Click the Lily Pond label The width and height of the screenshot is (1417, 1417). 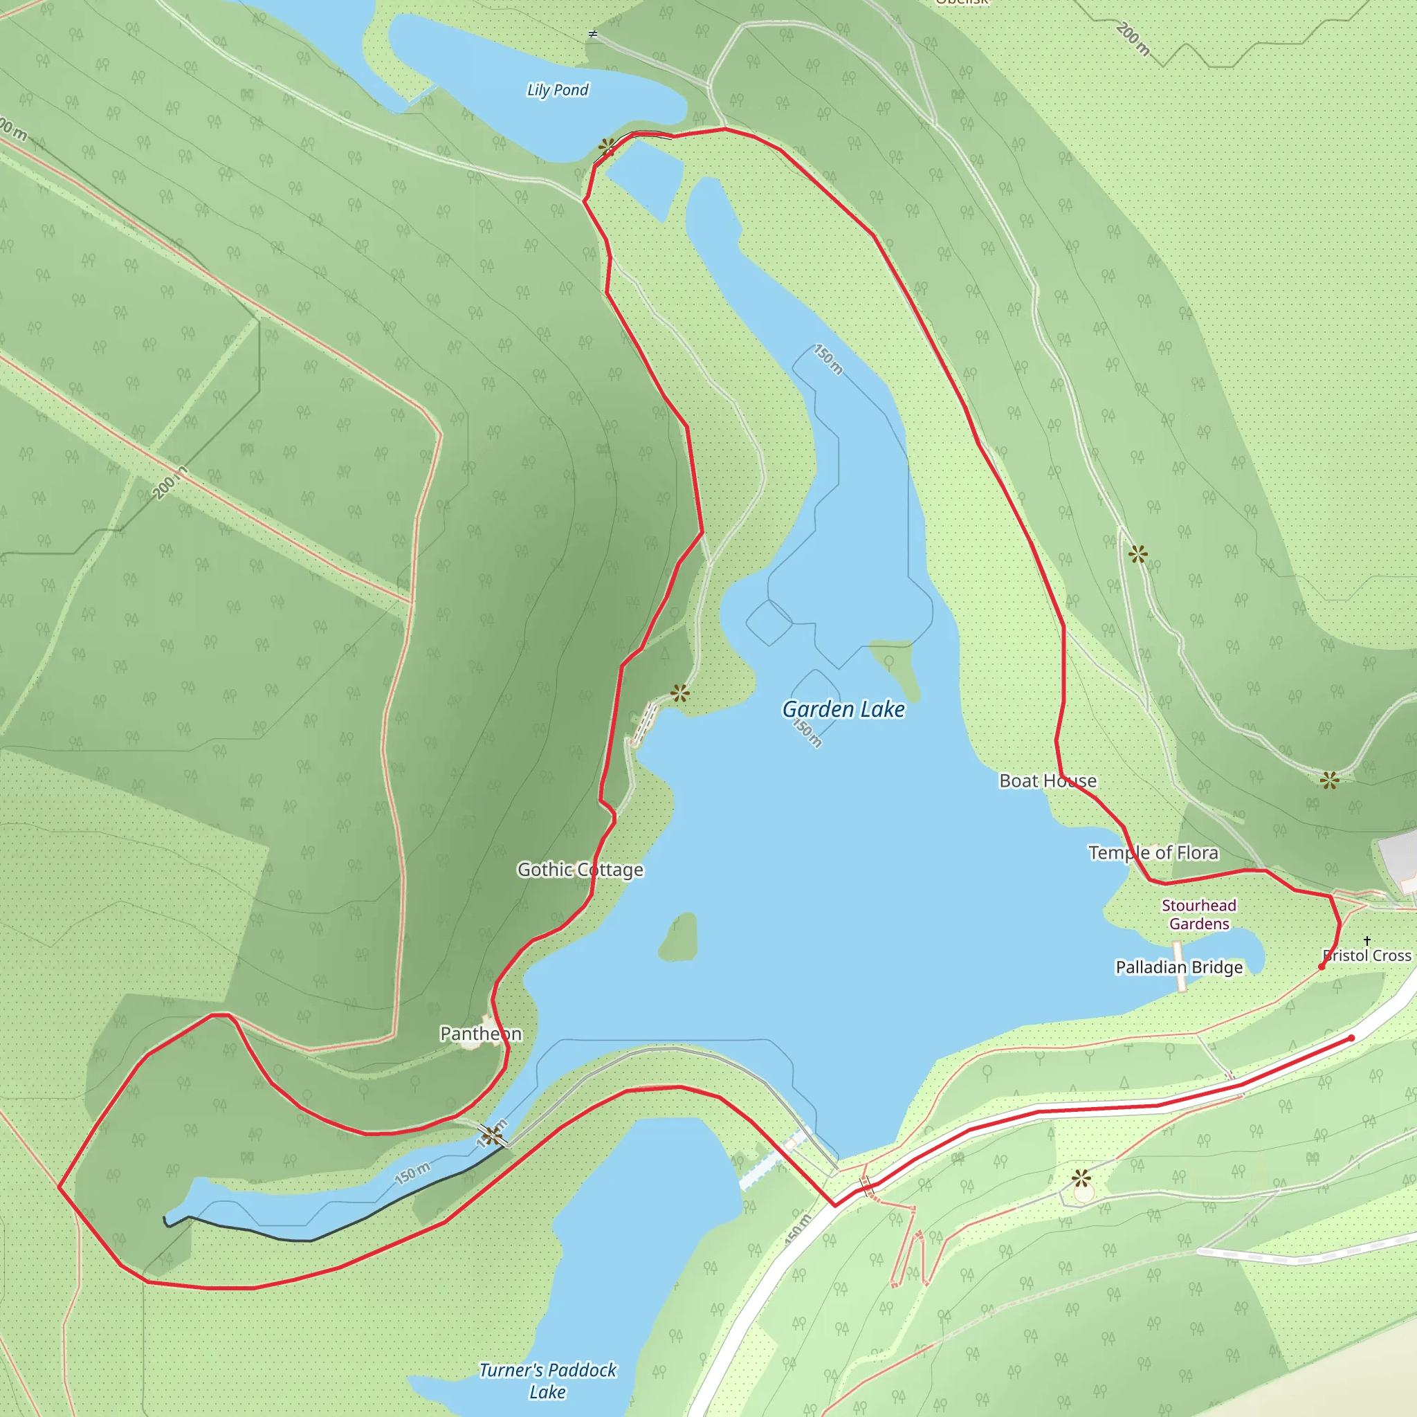[x=558, y=90]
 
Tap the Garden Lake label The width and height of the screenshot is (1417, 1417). [x=843, y=709]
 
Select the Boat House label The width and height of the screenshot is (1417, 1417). [x=1048, y=781]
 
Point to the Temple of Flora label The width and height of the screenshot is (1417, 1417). [x=1153, y=852]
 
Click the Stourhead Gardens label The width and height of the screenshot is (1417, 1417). [x=1199, y=915]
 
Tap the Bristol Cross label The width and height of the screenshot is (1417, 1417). [x=1367, y=956]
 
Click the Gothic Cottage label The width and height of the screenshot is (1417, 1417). [x=580, y=869]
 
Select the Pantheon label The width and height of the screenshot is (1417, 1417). [x=480, y=1034]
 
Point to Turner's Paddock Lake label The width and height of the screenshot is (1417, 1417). [x=547, y=1380]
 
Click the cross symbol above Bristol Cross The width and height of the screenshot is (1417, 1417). [x=1367, y=940]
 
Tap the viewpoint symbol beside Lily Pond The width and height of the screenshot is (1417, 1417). [x=607, y=147]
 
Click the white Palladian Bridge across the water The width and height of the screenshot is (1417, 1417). [x=1180, y=967]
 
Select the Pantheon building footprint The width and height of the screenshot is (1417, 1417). [x=469, y=1041]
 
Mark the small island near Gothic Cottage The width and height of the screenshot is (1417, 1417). [x=679, y=938]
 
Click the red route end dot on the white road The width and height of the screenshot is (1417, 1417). [x=1352, y=1038]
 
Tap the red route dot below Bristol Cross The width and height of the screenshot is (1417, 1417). [x=1322, y=967]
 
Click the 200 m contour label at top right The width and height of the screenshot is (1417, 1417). [x=1133, y=38]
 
